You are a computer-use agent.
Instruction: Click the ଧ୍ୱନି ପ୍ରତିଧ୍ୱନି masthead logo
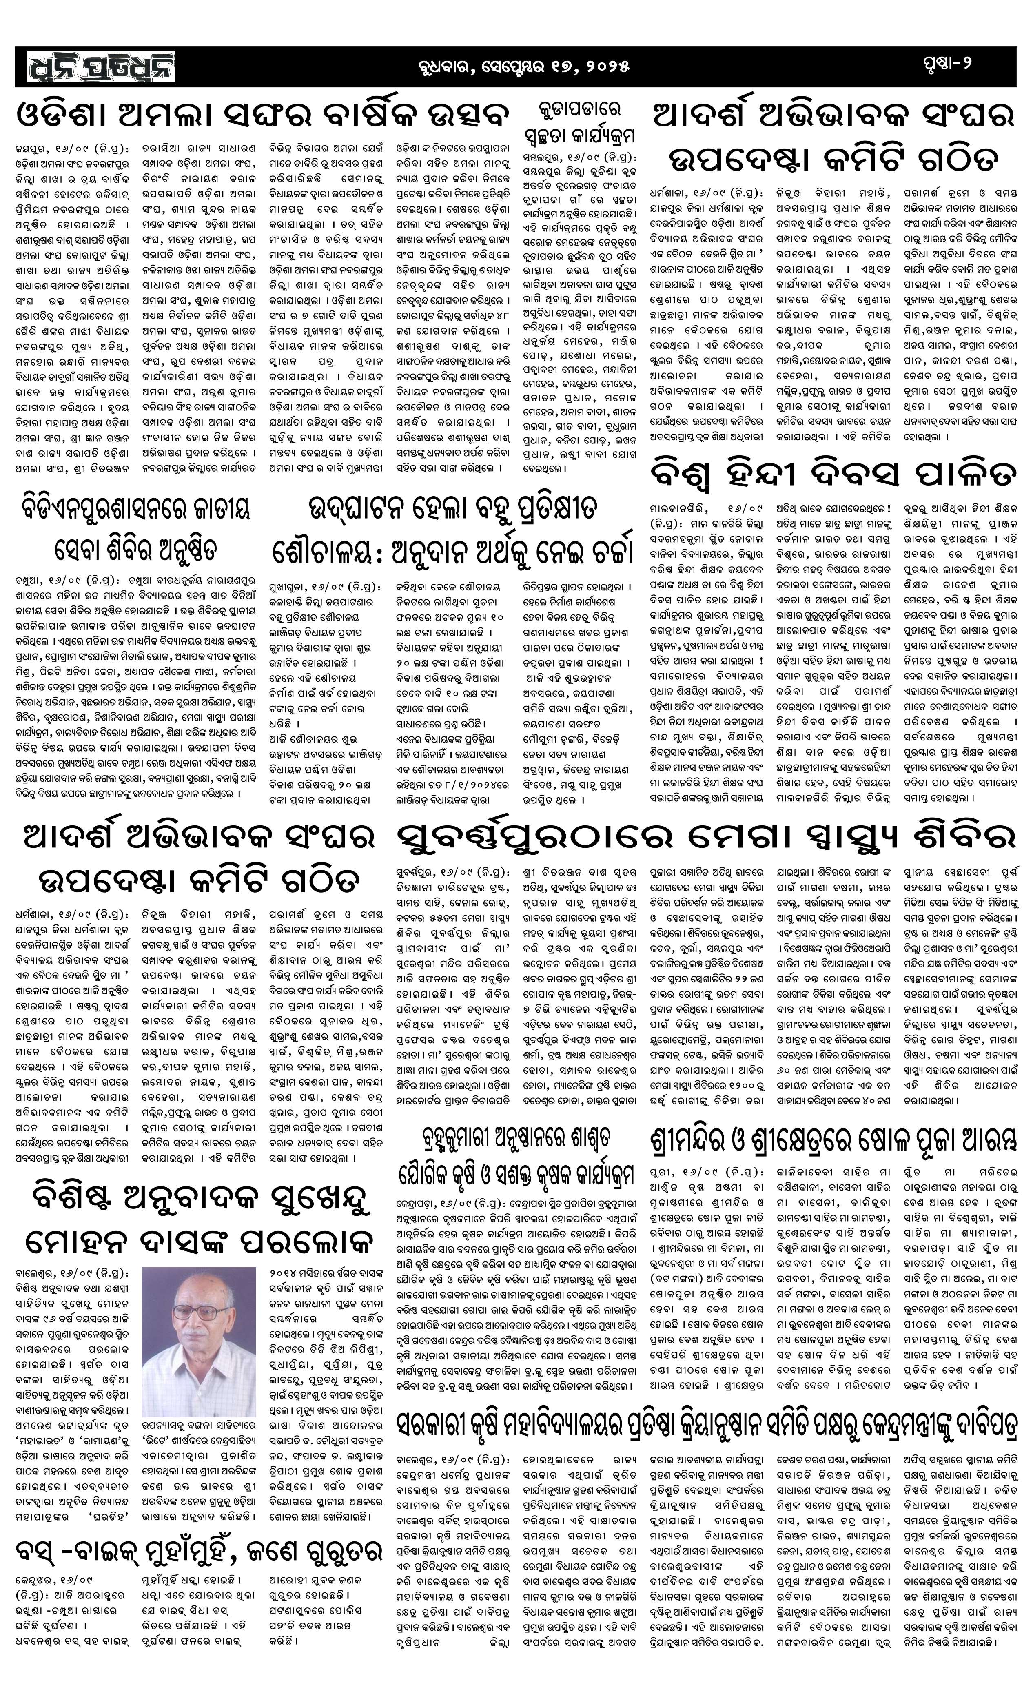(x=102, y=67)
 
